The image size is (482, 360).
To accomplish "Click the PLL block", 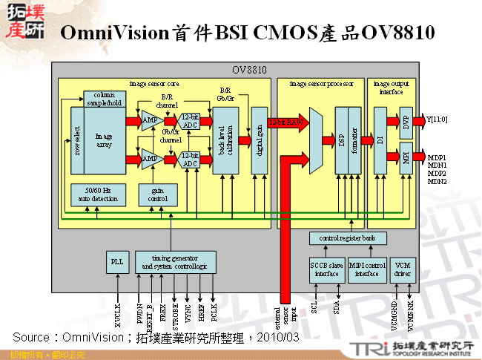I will (x=117, y=261).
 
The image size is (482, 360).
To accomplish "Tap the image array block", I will (x=104, y=141).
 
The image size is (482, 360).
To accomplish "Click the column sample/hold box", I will (x=104, y=99).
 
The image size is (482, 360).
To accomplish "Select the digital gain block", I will (x=259, y=140).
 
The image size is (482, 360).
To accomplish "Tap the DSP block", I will (x=341, y=140).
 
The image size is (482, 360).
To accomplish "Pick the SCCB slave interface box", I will (x=326, y=269).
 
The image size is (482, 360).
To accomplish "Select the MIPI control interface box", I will (x=366, y=269).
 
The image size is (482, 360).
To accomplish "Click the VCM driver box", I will (x=403, y=269).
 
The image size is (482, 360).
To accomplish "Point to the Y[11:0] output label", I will (x=437, y=119).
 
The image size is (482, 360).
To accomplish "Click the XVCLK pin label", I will (x=117, y=316).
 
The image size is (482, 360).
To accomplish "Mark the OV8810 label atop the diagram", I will (x=248, y=71).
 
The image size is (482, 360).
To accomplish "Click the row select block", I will (x=78, y=140).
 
